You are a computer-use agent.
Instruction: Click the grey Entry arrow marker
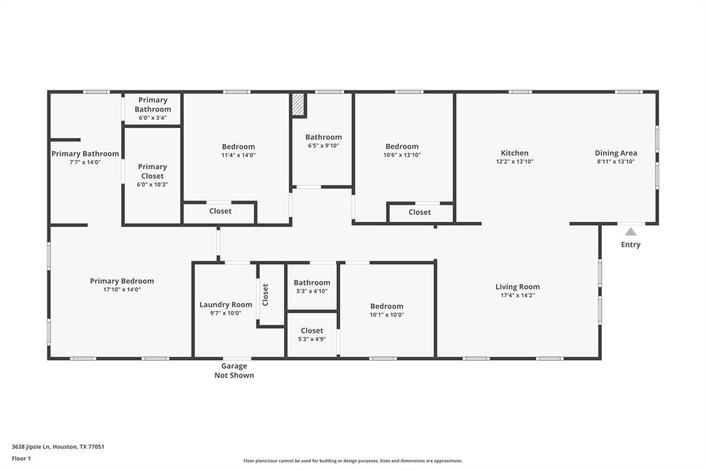pos(631,232)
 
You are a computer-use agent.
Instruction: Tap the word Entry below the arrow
pos(630,245)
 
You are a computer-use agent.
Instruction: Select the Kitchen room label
pos(514,153)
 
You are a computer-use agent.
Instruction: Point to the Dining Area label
pos(616,153)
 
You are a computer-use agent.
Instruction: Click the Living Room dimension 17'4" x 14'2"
pos(517,296)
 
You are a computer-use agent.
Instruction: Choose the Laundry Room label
pos(225,305)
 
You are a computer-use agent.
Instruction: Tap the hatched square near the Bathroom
pos(299,105)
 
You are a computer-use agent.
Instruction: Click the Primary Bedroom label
pos(122,281)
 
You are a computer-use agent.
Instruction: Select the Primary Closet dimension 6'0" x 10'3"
pos(152,185)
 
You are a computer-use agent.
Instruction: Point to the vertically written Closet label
pos(265,295)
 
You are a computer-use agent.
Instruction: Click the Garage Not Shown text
pos(234,371)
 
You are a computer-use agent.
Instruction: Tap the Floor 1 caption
pos(21,459)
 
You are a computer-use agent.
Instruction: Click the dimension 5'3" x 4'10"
pos(312,292)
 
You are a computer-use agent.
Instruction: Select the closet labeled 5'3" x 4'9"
pos(312,334)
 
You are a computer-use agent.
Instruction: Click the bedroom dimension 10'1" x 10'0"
pos(387,315)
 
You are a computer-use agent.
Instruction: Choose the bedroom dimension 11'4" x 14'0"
pos(238,155)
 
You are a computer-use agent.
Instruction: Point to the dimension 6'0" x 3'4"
pos(152,118)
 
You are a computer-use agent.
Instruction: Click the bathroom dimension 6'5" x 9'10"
pos(324,146)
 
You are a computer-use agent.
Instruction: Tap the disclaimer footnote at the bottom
pos(353,461)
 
